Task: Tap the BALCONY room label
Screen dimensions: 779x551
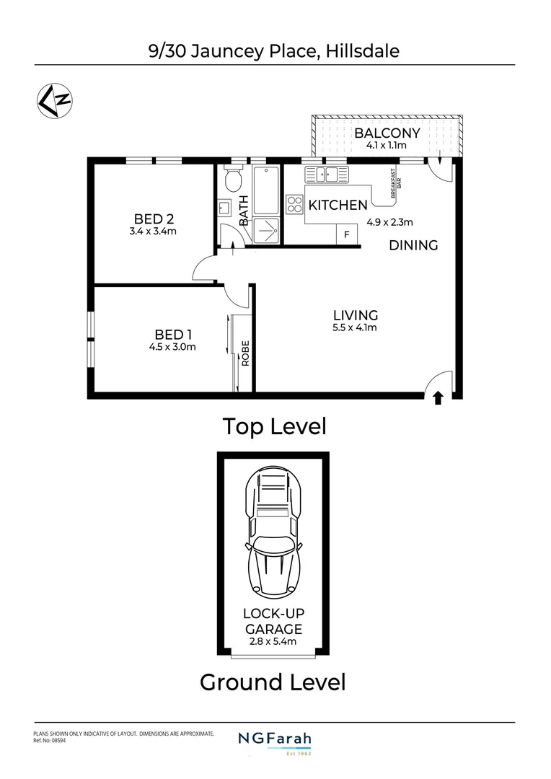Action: click(x=387, y=133)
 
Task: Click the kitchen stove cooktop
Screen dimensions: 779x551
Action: click(x=295, y=204)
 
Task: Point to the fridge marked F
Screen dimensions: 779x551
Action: click(x=347, y=234)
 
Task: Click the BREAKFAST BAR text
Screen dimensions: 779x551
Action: click(x=394, y=184)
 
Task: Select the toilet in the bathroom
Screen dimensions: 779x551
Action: click(x=232, y=177)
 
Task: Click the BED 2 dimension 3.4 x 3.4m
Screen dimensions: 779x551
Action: click(x=153, y=232)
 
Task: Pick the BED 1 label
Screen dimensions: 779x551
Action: click(x=174, y=334)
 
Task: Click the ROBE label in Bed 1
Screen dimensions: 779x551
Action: click(x=245, y=353)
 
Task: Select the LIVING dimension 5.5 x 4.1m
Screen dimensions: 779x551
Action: click(x=355, y=327)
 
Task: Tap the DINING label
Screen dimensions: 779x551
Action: click(x=413, y=245)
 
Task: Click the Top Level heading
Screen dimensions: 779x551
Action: click(x=274, y=426)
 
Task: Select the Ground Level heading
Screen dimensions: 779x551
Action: click(x=273, y=682)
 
